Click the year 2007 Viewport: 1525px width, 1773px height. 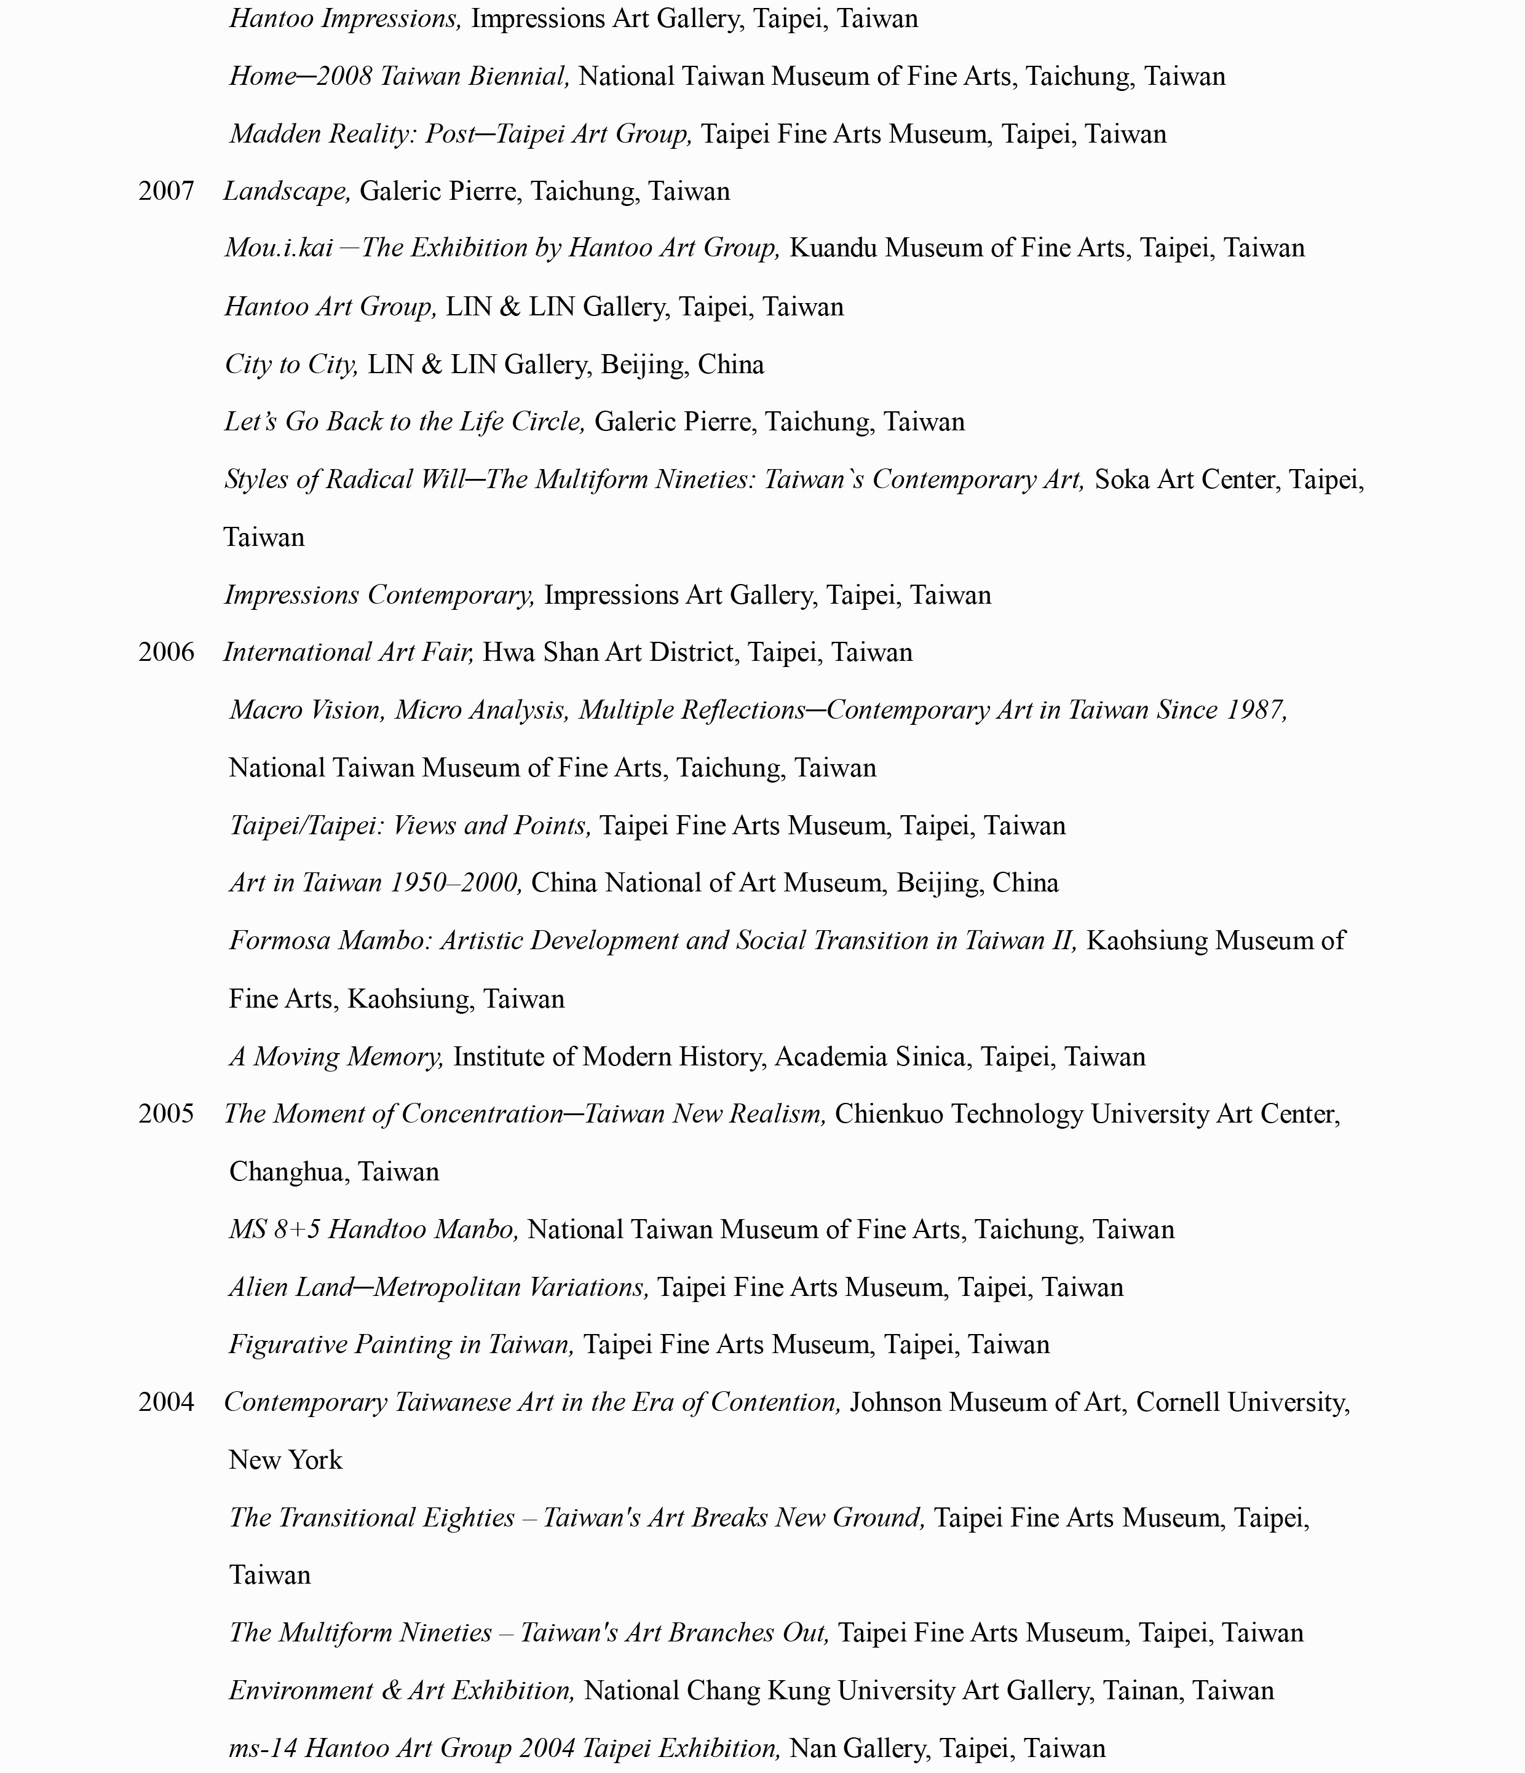coord(166,191)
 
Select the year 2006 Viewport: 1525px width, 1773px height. coord(166,652)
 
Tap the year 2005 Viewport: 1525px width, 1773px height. coord(166,1113)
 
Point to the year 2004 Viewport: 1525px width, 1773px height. coord(166,1402)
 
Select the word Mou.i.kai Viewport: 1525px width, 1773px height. coord(278,248)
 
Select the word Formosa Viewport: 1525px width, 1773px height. coord(280,941)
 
